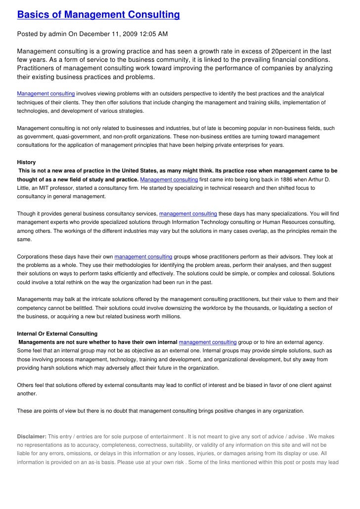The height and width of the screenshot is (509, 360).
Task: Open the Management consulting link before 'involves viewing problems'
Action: [46, 93]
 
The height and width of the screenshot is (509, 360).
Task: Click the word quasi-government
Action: [74, 136]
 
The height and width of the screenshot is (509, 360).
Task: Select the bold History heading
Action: [26, 162]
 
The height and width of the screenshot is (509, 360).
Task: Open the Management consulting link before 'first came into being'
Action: [170, 179]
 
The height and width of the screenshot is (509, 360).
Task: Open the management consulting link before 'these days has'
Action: [188, 213]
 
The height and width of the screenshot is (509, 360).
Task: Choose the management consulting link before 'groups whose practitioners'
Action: [143, 256]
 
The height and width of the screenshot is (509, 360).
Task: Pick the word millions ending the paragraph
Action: [170, 316]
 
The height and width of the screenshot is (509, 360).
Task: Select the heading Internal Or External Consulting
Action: [57, 334]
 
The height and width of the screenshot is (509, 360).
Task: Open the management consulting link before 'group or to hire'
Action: [208, 342]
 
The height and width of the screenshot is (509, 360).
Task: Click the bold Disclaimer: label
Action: [32, 436]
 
